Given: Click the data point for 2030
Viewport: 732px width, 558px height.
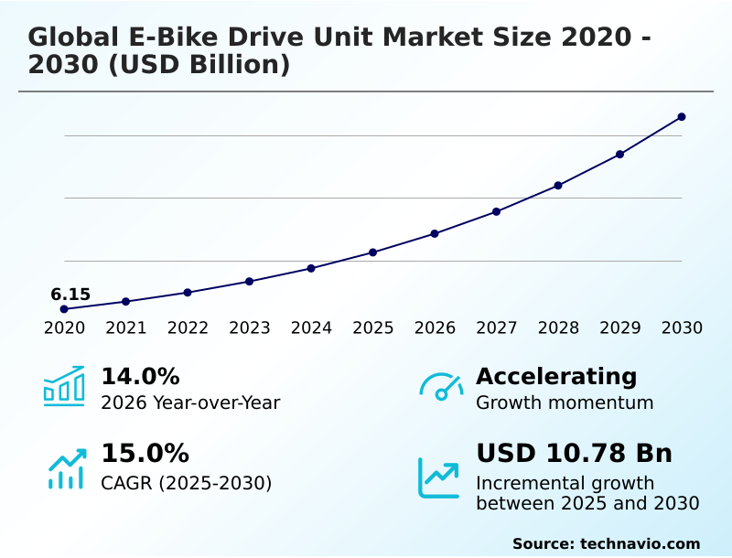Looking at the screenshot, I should coord(682,117).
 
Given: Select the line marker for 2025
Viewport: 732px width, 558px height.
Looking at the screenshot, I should coord(373,252).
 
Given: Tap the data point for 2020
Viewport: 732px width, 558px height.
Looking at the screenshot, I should coord(64,309).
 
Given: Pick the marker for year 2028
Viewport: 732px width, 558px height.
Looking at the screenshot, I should coord(558,186).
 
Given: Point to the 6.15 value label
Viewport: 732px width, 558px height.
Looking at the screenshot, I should coord(70,295).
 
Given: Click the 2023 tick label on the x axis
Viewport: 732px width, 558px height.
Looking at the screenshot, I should coord(250,328).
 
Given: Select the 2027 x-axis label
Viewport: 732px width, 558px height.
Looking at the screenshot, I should coord(497,328).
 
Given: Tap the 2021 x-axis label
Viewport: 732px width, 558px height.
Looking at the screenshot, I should coord(126,328).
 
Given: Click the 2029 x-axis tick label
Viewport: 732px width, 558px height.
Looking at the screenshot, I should coord(620,328).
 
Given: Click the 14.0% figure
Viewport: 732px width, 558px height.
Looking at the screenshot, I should coord(140,376).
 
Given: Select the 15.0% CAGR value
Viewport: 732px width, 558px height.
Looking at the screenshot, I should coord(145,454).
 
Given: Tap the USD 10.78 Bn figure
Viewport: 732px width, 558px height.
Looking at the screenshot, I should coord(574,454).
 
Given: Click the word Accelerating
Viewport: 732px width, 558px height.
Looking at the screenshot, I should coord(556,376).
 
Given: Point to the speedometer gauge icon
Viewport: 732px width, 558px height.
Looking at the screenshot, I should coord(441,387).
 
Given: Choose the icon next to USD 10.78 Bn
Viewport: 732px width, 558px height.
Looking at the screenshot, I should coord(439,477).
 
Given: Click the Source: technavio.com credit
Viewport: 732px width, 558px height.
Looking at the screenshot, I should coord(606,543).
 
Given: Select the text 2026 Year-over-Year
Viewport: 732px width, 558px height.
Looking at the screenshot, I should coord(190,403).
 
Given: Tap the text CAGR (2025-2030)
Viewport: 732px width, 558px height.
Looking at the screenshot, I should coord(187,483).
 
